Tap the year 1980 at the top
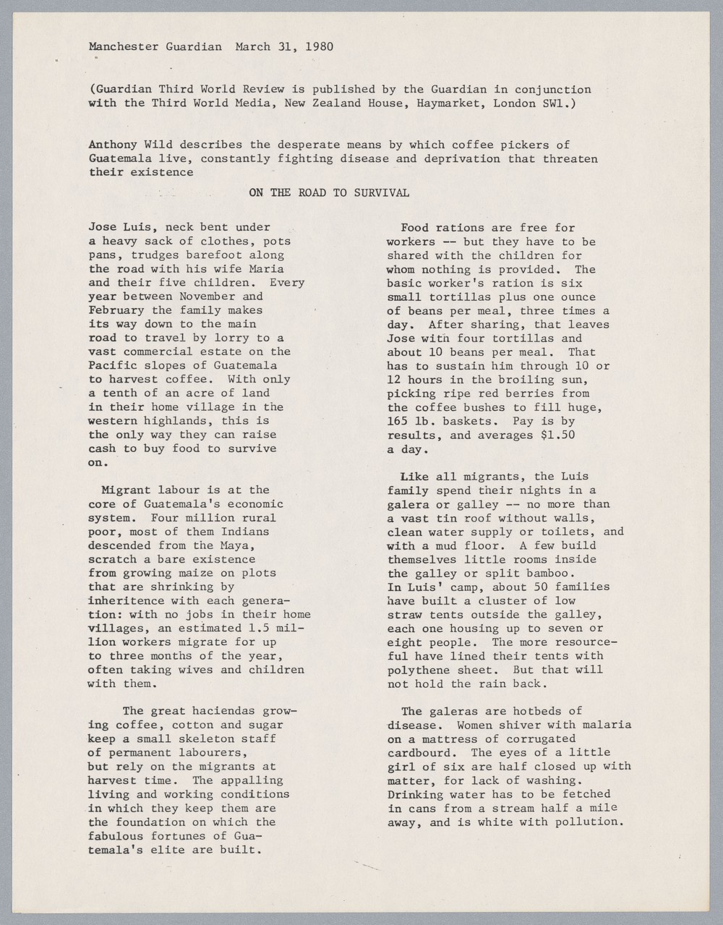coord(318,48)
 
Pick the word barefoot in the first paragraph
coord(195,255)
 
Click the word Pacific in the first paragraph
coord(111,365)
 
